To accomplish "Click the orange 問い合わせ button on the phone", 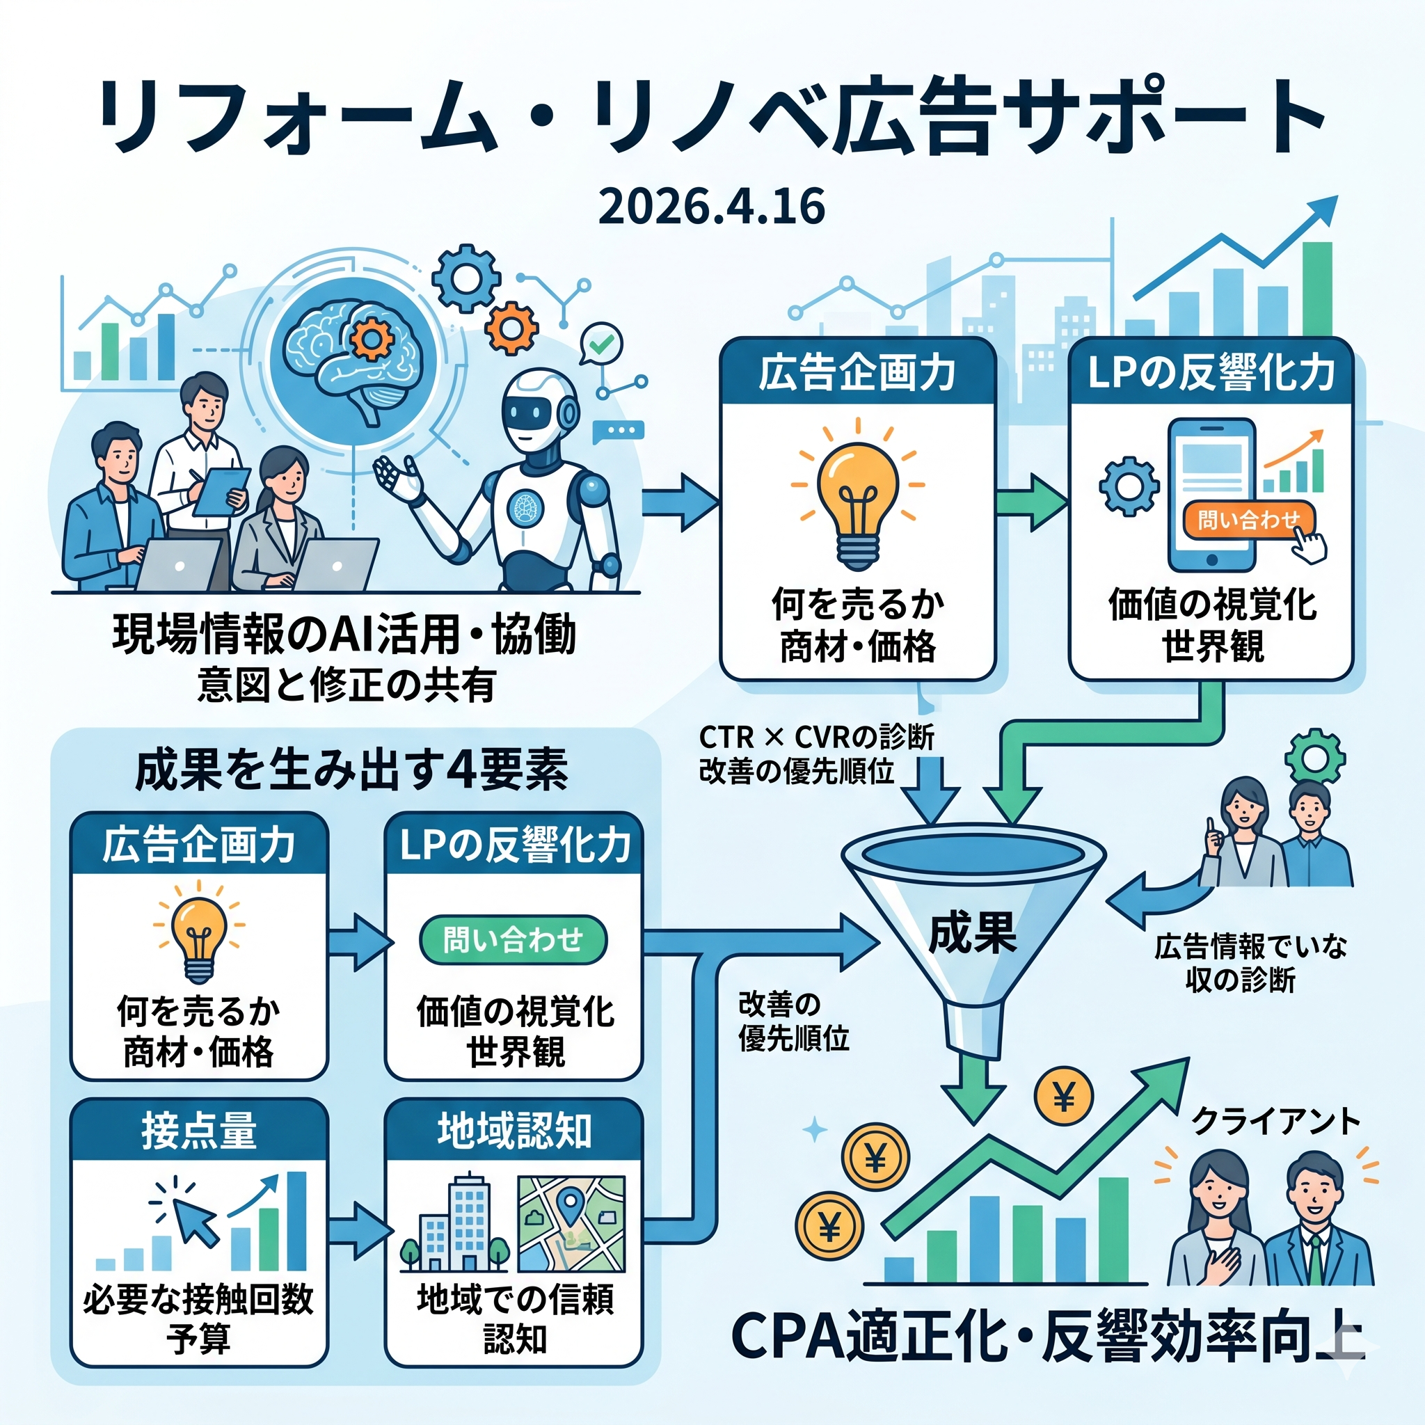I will (x=1248, y=520).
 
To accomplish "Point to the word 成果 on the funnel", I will (x=972, y=934).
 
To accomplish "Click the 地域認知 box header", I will (x=514, y=1131).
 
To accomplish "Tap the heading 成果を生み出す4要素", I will (x=352, y=771).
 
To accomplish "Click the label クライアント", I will (x=1275, y=1121).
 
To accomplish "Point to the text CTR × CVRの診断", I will (x=816, y=737).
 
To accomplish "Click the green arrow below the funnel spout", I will (x=974, y=1094).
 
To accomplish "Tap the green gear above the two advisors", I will (x=1315, y=757).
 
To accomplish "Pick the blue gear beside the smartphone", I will (x=1129, y=486).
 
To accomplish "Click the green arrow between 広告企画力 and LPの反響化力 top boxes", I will (x=1032, y=504).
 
